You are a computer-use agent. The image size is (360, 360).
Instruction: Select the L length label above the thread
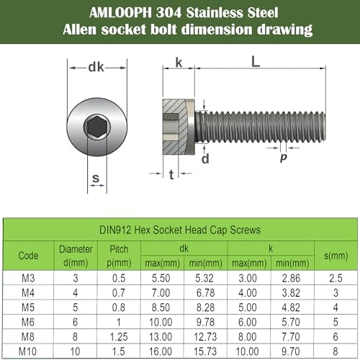pos(256,63)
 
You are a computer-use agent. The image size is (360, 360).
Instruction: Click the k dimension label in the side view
pos(178,63)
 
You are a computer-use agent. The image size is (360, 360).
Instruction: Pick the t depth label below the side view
pos(170,175)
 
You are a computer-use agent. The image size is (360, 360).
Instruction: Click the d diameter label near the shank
pos(205,159)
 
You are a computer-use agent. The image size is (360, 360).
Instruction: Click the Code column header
pos(29,255)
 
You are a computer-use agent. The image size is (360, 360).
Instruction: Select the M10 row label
pos(29,351)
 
